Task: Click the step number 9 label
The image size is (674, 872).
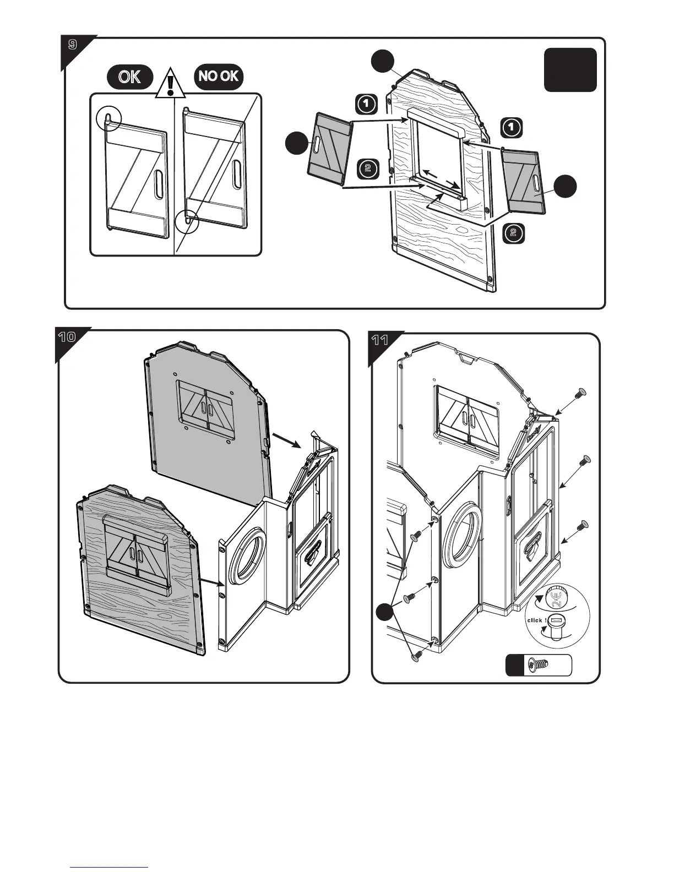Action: point(72,45)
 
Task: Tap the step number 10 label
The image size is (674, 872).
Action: point(67,337)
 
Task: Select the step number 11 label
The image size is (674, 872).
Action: point(380,340)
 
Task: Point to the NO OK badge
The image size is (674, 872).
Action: point(219,77)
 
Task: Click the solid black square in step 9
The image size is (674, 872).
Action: point(570,70)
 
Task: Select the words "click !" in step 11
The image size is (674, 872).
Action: point(537,620)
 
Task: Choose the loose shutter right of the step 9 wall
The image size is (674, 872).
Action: point(523,182)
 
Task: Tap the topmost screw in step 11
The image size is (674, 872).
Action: point(580,393)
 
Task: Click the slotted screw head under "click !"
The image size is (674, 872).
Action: point(556,623)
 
